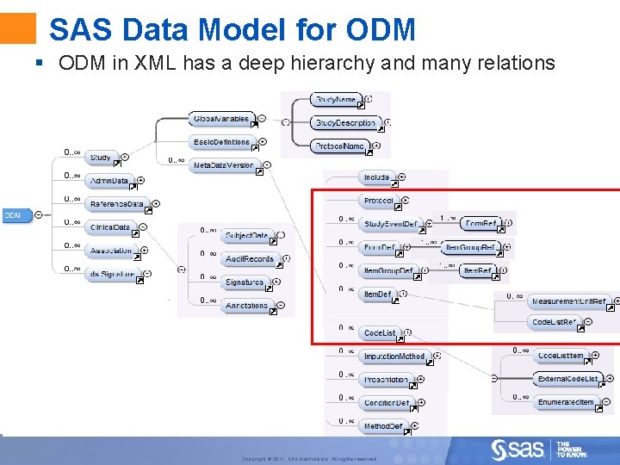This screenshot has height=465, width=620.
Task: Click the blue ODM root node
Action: point(13,214)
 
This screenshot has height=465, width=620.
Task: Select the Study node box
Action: point(101,158)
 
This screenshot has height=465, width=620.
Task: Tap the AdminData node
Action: point(110,181)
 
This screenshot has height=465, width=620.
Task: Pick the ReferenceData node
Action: point(117,204)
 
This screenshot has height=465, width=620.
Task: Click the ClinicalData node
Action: point(110,227)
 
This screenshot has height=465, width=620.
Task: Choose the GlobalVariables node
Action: point(221,119)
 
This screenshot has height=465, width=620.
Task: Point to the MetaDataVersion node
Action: point(223,164)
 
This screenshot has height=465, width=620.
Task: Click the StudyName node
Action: point(336,101)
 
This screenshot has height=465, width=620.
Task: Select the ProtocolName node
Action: point(339,146)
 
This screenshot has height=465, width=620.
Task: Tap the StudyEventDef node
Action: point(390,224)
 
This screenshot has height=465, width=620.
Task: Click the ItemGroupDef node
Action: point(387,270)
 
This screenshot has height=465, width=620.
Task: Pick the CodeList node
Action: point(380,333)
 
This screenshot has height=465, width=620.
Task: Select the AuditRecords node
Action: point(250,258)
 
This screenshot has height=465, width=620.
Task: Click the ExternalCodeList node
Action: point(567,379)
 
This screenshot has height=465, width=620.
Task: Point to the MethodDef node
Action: point(383,426)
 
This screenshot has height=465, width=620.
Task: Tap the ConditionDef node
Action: point(387,403)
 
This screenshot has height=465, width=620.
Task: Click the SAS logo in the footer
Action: point(518,449)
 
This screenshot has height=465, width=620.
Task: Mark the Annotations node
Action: point(247,306)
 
